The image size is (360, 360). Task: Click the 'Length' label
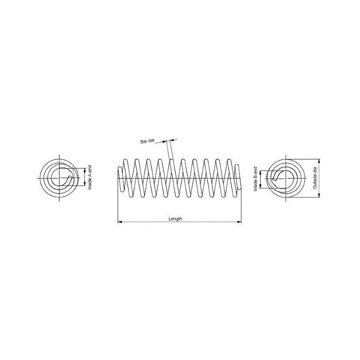tap(175, 219)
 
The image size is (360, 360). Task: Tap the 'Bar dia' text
tap(147, 141)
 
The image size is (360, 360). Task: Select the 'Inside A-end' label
tap(90, 177)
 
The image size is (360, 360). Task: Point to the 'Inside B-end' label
tap(255, 179)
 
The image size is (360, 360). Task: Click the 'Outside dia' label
tap(315, 178)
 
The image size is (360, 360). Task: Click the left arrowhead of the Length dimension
tap(120, 222)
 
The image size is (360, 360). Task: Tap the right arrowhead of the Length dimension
tap(239, 222)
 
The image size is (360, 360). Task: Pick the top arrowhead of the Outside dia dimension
tap(319, 161)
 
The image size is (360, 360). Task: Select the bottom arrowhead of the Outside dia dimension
tap(319, 195)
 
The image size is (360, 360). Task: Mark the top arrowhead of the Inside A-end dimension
tap(84, 170)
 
